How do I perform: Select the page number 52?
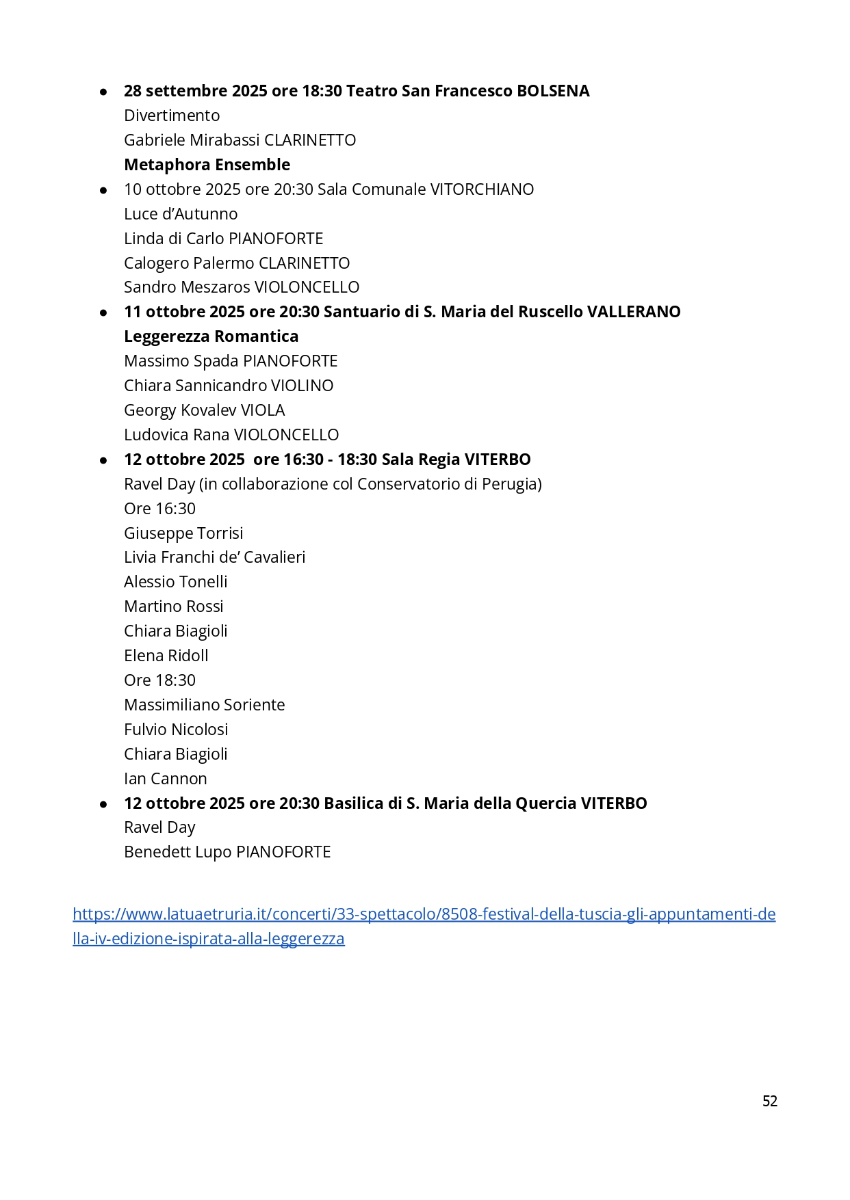click(769, 1100)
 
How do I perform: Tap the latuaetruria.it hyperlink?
click(424, 914)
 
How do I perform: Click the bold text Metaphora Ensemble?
click(207, 165)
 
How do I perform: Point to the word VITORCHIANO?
click(481, 189)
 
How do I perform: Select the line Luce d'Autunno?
click(181, 214)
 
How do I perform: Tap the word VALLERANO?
click(634, 312)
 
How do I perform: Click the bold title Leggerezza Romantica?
click(211, 336)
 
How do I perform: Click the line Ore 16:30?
click(159, 509)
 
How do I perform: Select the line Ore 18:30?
click(159, 680)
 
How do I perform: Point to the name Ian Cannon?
click(165, 779)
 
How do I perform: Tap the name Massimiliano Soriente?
click(204, 705)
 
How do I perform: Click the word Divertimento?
click(172, 116)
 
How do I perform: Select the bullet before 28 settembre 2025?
click(103, 92)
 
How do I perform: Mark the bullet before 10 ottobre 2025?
click(103, 190)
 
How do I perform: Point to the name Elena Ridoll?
click(166, 656)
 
